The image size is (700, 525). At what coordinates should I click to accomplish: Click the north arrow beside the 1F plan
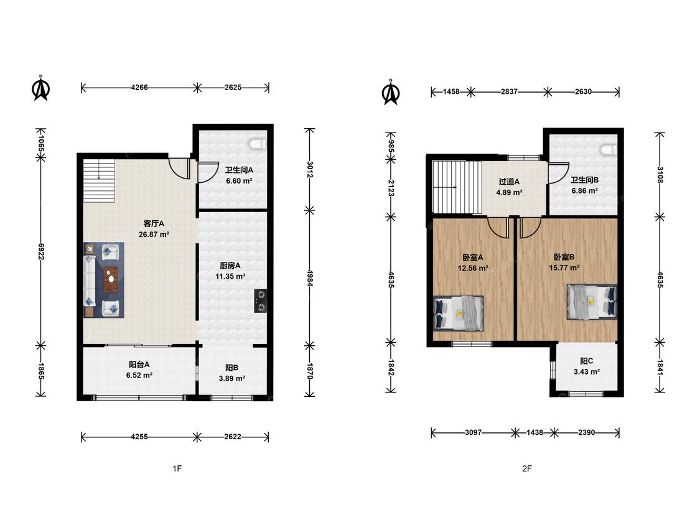point(41,88)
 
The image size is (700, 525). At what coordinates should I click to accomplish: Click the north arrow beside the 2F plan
point(391,92)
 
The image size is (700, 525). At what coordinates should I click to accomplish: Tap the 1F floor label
point(177,468)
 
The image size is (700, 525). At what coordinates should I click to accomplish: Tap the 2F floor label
point(527,468)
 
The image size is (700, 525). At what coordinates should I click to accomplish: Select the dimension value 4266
point(139,88)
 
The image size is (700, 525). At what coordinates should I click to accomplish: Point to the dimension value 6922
point(41,251)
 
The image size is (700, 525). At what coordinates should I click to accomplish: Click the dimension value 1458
point(451,91)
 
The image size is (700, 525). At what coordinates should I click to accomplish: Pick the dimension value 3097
point(474,432)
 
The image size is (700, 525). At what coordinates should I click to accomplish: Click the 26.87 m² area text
point(154,235)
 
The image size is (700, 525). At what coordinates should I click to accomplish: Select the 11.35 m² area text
point(230,276)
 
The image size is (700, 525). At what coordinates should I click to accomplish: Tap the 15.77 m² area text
point(564,268)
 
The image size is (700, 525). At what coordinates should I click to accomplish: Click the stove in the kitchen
point(261,301)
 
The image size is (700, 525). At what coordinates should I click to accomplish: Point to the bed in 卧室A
point(459,313)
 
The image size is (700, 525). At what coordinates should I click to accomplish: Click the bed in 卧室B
point(592,302)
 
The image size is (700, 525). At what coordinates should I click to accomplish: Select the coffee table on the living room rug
point(111,280)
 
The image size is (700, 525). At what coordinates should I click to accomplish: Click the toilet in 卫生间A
point(258,143)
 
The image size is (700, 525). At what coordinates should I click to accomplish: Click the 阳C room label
point(586,361)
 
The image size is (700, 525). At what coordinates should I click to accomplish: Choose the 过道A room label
point(509,182)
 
